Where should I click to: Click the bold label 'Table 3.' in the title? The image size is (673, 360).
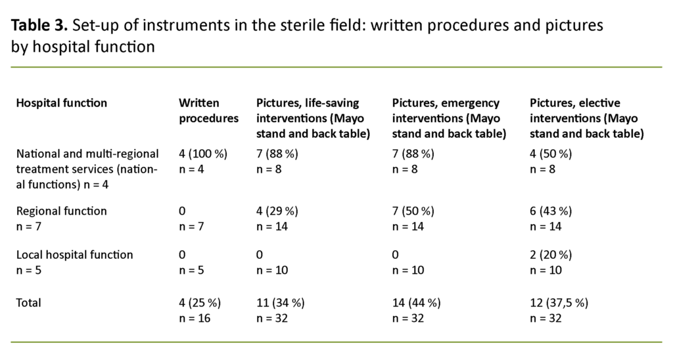click(39, 26)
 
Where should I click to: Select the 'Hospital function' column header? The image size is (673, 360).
click(61, 103)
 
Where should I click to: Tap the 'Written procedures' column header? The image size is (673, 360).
click(209, 111)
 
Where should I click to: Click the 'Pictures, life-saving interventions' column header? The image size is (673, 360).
click(313, 119)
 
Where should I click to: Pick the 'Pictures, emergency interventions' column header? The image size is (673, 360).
click(449, 119)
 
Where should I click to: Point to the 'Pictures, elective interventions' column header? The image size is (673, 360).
click(586, 119)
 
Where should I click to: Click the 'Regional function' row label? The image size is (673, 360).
click(61, 212)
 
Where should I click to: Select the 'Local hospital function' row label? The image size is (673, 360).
click(74, 255)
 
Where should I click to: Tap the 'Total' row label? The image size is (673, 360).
click(28, 303)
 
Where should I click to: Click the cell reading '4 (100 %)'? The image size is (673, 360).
click(202, 154)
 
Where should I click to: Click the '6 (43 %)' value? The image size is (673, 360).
click(552, 212)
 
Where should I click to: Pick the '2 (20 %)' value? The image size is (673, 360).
click(552, 255)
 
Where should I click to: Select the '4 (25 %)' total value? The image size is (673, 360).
click(200, 303)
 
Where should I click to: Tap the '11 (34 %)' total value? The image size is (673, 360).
click(280, 303)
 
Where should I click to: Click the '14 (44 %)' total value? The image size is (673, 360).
click(416, 303)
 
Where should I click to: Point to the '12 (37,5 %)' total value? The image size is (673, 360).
click(559, 303)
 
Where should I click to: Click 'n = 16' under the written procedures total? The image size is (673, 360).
click(195, 318)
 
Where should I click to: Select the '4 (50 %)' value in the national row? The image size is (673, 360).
click(552, 154)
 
